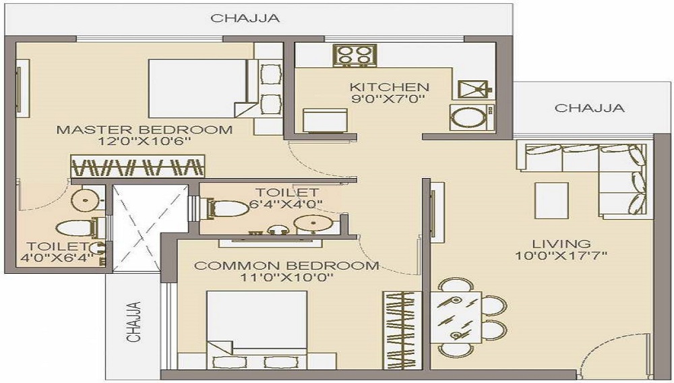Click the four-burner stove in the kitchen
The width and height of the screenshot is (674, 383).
355,55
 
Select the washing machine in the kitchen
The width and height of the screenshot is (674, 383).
472,117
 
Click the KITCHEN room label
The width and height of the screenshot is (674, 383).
389,87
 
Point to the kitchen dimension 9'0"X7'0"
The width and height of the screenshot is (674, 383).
388,99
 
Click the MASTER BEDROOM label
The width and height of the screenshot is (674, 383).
144,129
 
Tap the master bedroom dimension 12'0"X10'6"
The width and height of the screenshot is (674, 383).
145,142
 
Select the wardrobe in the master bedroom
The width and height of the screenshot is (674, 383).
137,167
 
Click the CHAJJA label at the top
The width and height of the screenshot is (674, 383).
245,18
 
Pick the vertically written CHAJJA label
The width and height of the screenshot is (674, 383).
133,322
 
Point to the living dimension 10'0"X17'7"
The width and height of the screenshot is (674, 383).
561,256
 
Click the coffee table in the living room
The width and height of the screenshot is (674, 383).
551,200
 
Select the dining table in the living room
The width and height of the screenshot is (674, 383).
456,317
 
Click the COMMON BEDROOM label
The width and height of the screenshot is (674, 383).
286,266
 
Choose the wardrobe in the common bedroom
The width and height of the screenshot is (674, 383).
402,330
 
